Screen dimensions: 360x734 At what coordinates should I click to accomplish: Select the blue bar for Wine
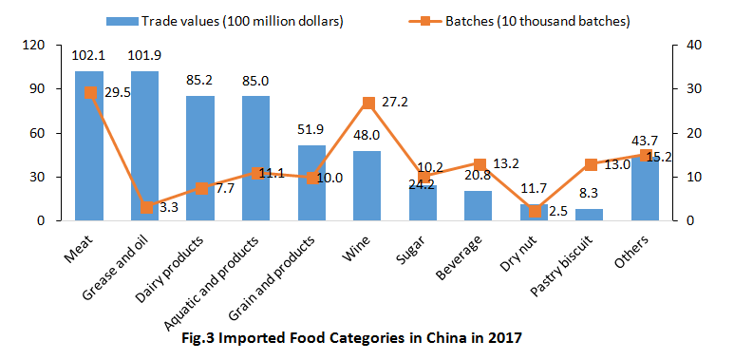point(367,185)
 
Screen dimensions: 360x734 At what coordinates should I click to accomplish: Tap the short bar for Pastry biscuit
point(590,215)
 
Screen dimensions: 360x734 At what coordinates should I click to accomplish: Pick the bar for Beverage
point(479,205)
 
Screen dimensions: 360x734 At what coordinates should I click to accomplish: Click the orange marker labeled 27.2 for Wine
point(367,102)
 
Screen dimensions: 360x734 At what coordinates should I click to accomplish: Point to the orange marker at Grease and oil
point(145,207)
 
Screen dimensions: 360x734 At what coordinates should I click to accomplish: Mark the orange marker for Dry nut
point(535,210)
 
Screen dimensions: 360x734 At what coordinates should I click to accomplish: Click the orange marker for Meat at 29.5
point(89,92)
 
